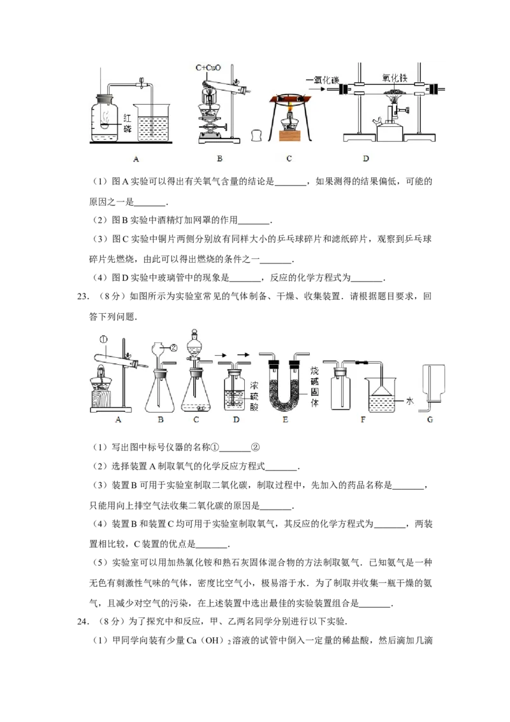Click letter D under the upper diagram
pyautogui.click(x=366, y=158)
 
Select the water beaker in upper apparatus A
pyautogui.click(x=152, y=122)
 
